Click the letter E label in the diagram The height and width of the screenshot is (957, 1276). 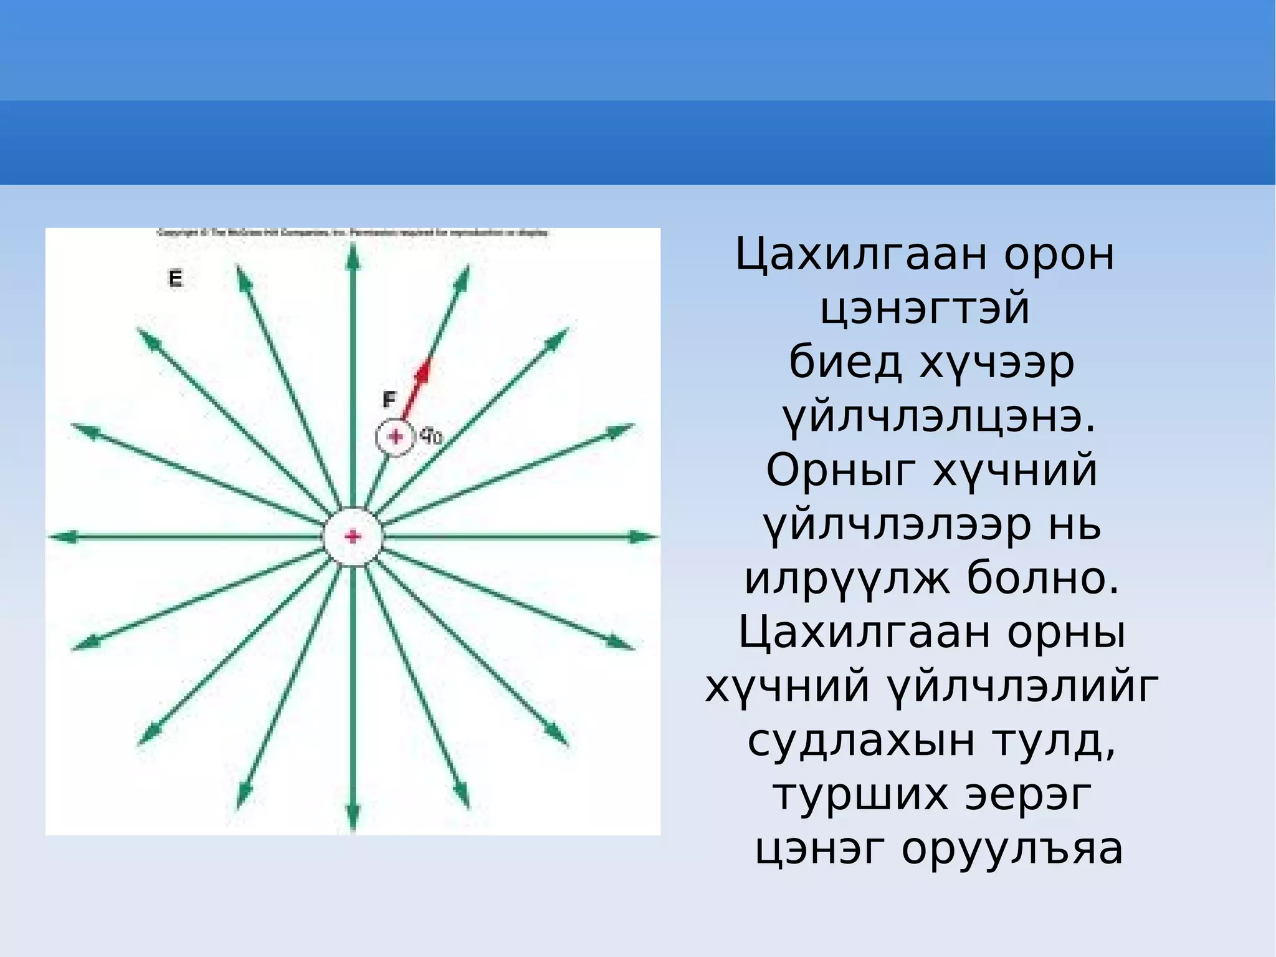176,278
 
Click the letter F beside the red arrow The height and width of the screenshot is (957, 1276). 389,399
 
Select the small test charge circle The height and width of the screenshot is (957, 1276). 394,437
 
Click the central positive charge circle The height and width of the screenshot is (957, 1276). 353,536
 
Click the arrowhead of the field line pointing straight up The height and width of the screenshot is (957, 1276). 353,256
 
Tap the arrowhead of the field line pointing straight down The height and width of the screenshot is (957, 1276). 353,817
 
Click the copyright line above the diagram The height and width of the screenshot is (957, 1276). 353,233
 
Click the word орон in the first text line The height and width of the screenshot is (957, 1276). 1059,255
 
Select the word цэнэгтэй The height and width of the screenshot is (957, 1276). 925,309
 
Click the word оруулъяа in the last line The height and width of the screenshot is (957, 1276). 1012,849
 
